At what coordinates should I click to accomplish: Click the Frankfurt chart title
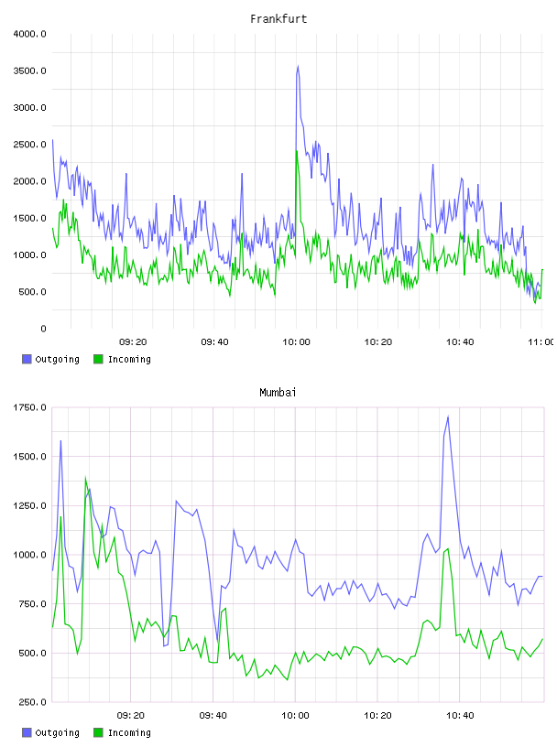278,19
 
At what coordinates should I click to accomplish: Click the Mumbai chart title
278,393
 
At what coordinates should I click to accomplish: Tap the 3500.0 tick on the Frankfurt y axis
29,71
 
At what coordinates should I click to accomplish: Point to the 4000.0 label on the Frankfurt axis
29,34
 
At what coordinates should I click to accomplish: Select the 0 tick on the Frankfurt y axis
43,329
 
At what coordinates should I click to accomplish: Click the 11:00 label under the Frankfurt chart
541,342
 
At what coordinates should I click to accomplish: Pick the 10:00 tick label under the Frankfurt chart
296,342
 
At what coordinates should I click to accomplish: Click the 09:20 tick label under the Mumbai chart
131,716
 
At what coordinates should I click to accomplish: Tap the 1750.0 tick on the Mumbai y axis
29,407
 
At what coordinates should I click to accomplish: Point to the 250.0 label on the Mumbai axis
32,702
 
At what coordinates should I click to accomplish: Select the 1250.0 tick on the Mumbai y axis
29,506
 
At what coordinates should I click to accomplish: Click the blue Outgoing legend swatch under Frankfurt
27,359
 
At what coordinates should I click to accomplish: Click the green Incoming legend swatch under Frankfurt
98,359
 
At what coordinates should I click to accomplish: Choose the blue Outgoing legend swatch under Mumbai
27,732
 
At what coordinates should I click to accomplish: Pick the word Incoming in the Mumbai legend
129,732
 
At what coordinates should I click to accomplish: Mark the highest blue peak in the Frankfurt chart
299,66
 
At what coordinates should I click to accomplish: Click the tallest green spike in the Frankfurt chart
297,151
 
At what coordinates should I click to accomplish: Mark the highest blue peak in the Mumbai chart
448,417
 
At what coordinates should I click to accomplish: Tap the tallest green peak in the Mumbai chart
85,477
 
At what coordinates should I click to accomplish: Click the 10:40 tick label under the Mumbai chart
460,716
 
